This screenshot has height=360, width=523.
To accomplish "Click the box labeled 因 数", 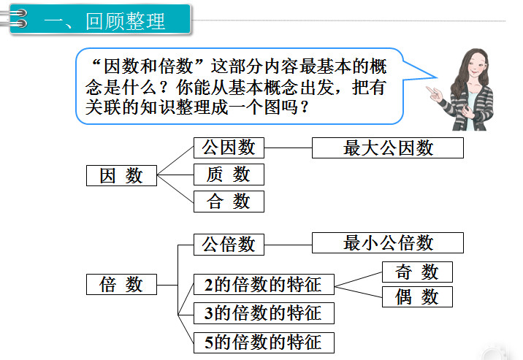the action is tap(121, 175).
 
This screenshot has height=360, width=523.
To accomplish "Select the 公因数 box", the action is tap(229, 148).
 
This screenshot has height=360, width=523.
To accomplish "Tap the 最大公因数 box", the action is tap(388, 148).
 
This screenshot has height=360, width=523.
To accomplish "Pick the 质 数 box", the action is tap(229, 175).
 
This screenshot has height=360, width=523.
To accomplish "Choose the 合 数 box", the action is tap(229, 202).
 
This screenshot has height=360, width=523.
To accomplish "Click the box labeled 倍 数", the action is tap(121, 284).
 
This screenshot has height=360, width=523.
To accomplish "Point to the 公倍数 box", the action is tap(229, 245).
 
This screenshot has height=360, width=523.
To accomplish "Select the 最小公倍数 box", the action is tap(388, 242).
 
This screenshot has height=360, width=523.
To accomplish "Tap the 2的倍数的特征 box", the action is tap(264, 284).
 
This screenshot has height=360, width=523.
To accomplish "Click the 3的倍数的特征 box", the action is tap(264, 313).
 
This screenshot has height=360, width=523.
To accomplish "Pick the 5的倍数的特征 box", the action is tap(264, 342).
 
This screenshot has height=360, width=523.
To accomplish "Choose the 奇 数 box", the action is tap(417, 272).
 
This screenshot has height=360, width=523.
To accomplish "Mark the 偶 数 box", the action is tap(417, 296).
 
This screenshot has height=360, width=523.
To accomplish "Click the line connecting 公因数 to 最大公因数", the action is tap(289, 148).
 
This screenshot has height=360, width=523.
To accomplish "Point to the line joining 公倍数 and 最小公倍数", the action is tap(289, 245).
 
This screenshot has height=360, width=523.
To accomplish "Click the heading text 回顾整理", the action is tap(126, 21).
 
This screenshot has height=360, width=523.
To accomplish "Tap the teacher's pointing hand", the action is tap(435, 93).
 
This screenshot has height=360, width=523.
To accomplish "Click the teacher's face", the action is tap(476, 66).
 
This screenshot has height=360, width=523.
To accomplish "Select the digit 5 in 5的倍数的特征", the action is tap(209, 342).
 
